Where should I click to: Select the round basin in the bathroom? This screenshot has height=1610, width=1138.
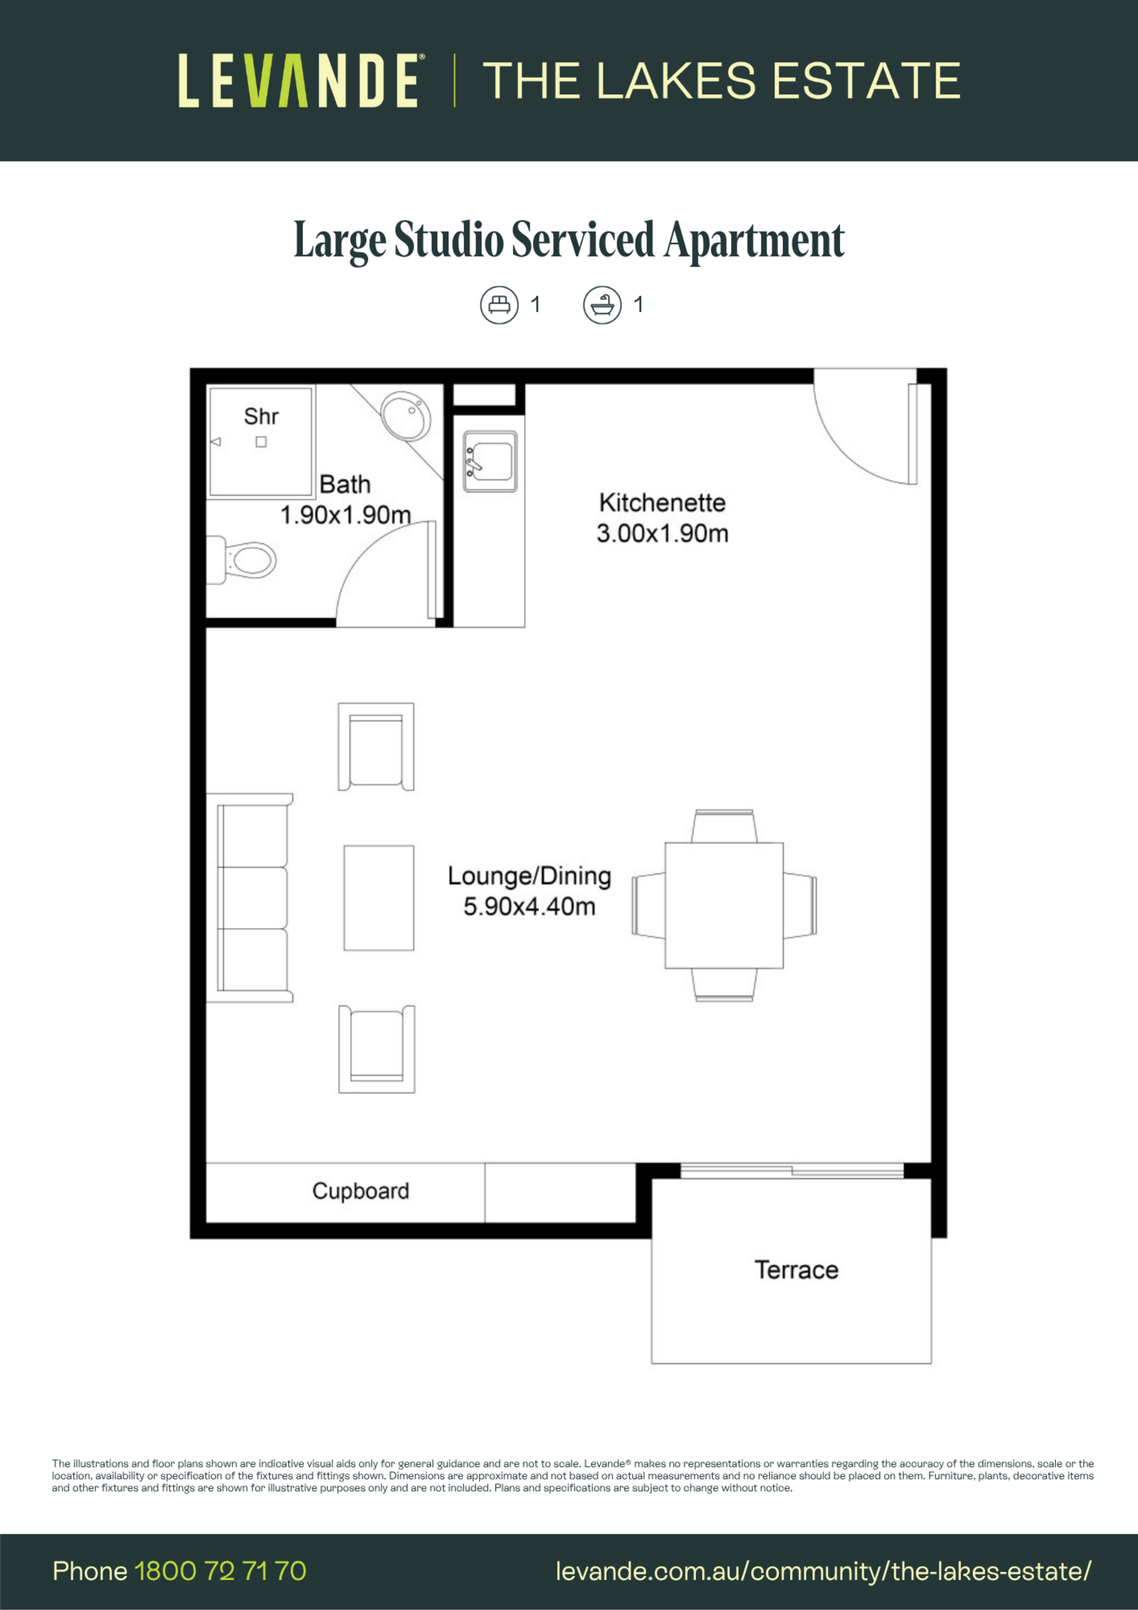405,415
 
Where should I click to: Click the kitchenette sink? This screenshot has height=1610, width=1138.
490,461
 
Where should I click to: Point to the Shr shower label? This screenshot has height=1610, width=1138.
261,417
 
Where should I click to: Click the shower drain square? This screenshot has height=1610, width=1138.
261,442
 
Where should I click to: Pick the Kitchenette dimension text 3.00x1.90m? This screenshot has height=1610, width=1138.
663,534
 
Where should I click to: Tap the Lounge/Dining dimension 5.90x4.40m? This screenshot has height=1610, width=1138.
529,907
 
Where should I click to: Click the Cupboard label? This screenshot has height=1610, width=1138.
360,1191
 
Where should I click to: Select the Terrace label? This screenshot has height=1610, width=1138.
797,1270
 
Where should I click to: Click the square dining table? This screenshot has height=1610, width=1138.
724,905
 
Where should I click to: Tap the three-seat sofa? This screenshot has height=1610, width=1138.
250,897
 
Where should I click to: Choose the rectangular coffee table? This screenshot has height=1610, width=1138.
379,897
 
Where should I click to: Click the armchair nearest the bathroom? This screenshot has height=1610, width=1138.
376,747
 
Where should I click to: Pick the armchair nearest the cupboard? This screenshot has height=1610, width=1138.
376,1049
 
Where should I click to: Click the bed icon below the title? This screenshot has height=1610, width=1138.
499,305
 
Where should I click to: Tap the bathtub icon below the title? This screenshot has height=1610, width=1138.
602,305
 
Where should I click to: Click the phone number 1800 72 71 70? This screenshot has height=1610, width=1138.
220,1571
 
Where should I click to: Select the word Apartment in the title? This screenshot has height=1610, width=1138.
755,241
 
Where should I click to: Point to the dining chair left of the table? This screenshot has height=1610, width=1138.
648,905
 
